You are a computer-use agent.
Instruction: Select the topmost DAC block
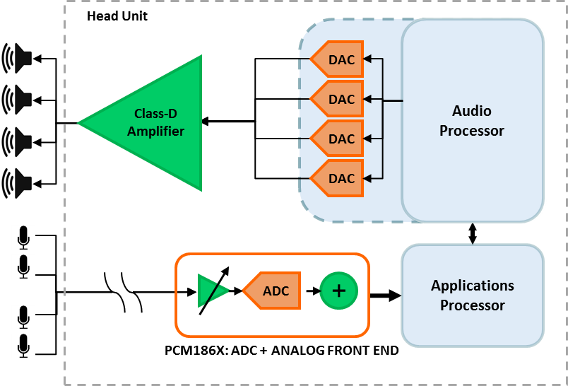(338, 59)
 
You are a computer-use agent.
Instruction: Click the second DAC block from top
(338, 99)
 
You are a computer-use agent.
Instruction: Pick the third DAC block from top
(338, 139)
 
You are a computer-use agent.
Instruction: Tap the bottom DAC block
(338, 178)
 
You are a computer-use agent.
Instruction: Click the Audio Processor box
(472, 121)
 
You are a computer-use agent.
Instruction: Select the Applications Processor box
(473, 296)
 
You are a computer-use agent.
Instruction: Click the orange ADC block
(273, 291)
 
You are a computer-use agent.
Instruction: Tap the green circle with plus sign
(339, 291)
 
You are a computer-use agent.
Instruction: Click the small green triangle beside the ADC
(211, 291)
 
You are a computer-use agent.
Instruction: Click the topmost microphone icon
(23, 238)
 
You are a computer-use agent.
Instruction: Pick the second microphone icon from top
(23, 267)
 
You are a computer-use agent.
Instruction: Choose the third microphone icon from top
(23, 317)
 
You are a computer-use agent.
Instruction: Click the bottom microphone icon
(23, 346)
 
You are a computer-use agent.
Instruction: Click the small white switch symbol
(123, 291)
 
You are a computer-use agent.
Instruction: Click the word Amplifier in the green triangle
(156, 131)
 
